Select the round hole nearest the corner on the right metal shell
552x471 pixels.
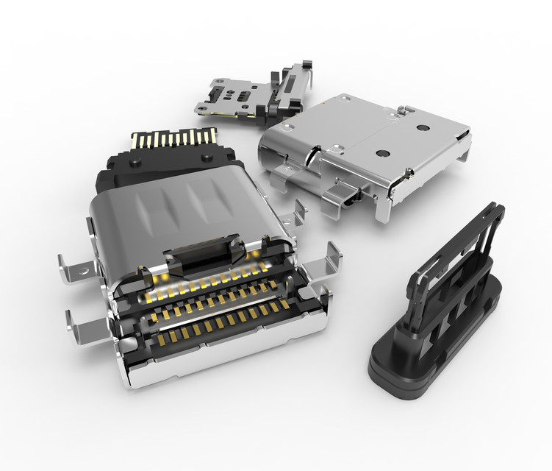click(422, 127)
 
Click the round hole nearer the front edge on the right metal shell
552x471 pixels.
click(382, 154)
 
